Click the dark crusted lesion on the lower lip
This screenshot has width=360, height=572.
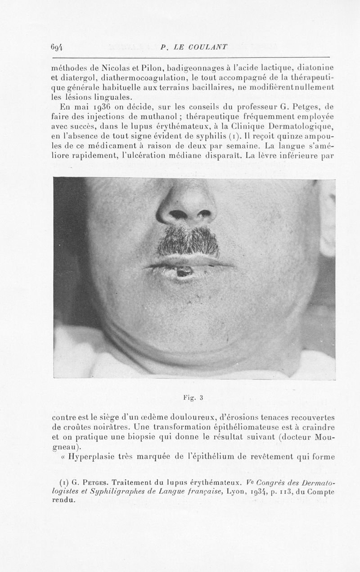[184, 271]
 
